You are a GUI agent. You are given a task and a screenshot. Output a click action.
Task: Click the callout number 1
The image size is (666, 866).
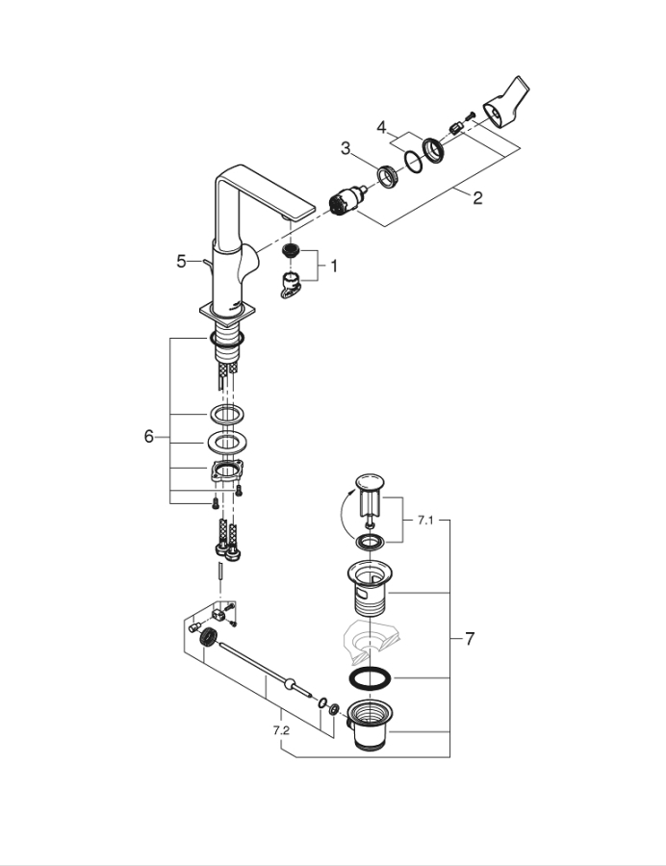coord(335,265)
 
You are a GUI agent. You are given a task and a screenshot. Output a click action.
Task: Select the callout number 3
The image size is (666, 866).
coord(346,147)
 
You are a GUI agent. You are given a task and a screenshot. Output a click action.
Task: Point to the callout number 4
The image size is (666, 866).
coord(381,126)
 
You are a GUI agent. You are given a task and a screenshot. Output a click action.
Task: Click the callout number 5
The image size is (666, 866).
coord(181,261)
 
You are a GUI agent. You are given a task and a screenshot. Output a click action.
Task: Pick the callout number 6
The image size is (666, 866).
coord(148,436)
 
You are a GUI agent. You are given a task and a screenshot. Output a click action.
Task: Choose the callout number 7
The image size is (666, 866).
coord(470,638)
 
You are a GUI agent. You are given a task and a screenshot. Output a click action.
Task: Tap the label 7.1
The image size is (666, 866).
coord(425,520)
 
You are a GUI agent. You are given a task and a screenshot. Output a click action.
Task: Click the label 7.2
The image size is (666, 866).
coord(281,731)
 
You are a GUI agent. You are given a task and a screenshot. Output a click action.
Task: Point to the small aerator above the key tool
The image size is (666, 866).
coord(292,252)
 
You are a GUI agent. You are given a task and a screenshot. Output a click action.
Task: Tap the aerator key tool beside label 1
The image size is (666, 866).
coord(291,285)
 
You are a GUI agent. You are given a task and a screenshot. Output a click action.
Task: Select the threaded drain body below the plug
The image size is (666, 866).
coord(371,588)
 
